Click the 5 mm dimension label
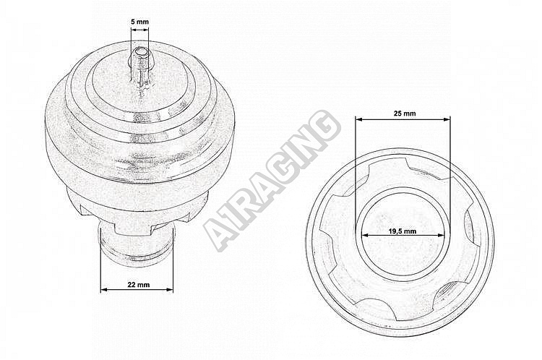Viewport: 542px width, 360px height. tap(140, 22)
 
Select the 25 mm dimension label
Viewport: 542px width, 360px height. tap(405, 113)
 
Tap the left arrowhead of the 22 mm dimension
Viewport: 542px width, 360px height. tap(103, 289)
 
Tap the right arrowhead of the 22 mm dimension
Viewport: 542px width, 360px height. tap(170, 289)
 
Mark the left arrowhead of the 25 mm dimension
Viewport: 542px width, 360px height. tap(358, 120)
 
